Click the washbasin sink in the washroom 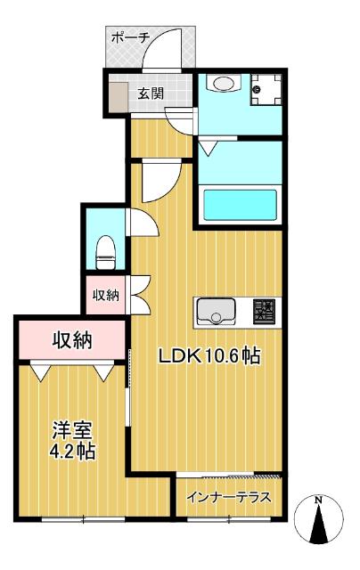coord(222,85)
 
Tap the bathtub coord(238,204)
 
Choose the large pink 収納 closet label coord(72,339)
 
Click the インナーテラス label coord(229,496)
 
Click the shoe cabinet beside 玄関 coord(119,95)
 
